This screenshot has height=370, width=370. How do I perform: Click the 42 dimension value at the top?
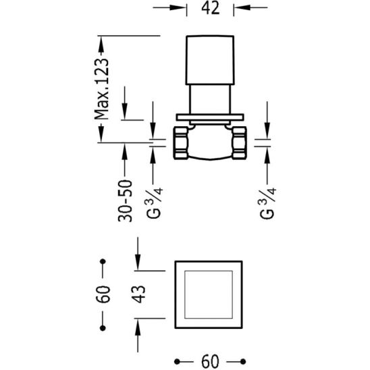[209, 9]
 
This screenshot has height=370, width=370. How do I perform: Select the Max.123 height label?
[102, 88]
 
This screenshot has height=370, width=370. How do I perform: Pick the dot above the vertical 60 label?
[103, 261]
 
